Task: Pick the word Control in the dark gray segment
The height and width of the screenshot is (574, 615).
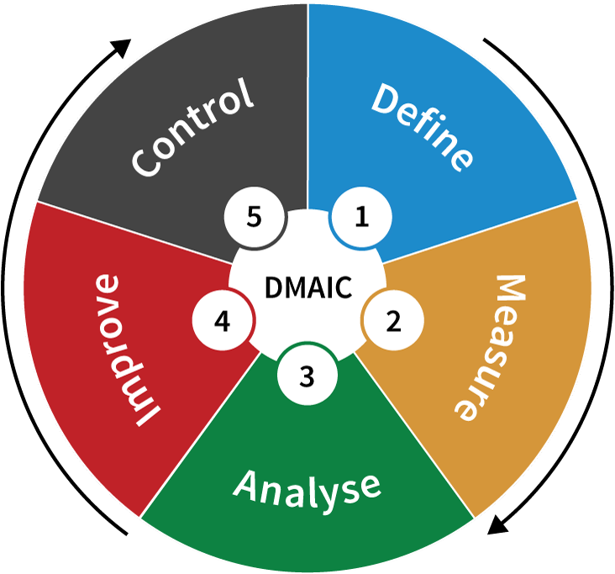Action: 192,128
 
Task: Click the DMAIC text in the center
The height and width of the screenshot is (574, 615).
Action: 308,287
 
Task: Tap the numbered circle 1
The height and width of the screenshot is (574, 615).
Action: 361,217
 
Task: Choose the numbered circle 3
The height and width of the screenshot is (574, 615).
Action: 307,376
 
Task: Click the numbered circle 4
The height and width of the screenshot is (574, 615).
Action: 222,320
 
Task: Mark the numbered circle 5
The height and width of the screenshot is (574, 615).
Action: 255,217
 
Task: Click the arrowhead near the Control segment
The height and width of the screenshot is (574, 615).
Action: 121,48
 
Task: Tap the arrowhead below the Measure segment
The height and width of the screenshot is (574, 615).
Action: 497,524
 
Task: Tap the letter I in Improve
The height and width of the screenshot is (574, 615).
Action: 148,416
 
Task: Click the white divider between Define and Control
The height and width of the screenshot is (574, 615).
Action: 307,107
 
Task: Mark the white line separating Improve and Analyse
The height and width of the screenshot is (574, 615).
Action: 200,434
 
